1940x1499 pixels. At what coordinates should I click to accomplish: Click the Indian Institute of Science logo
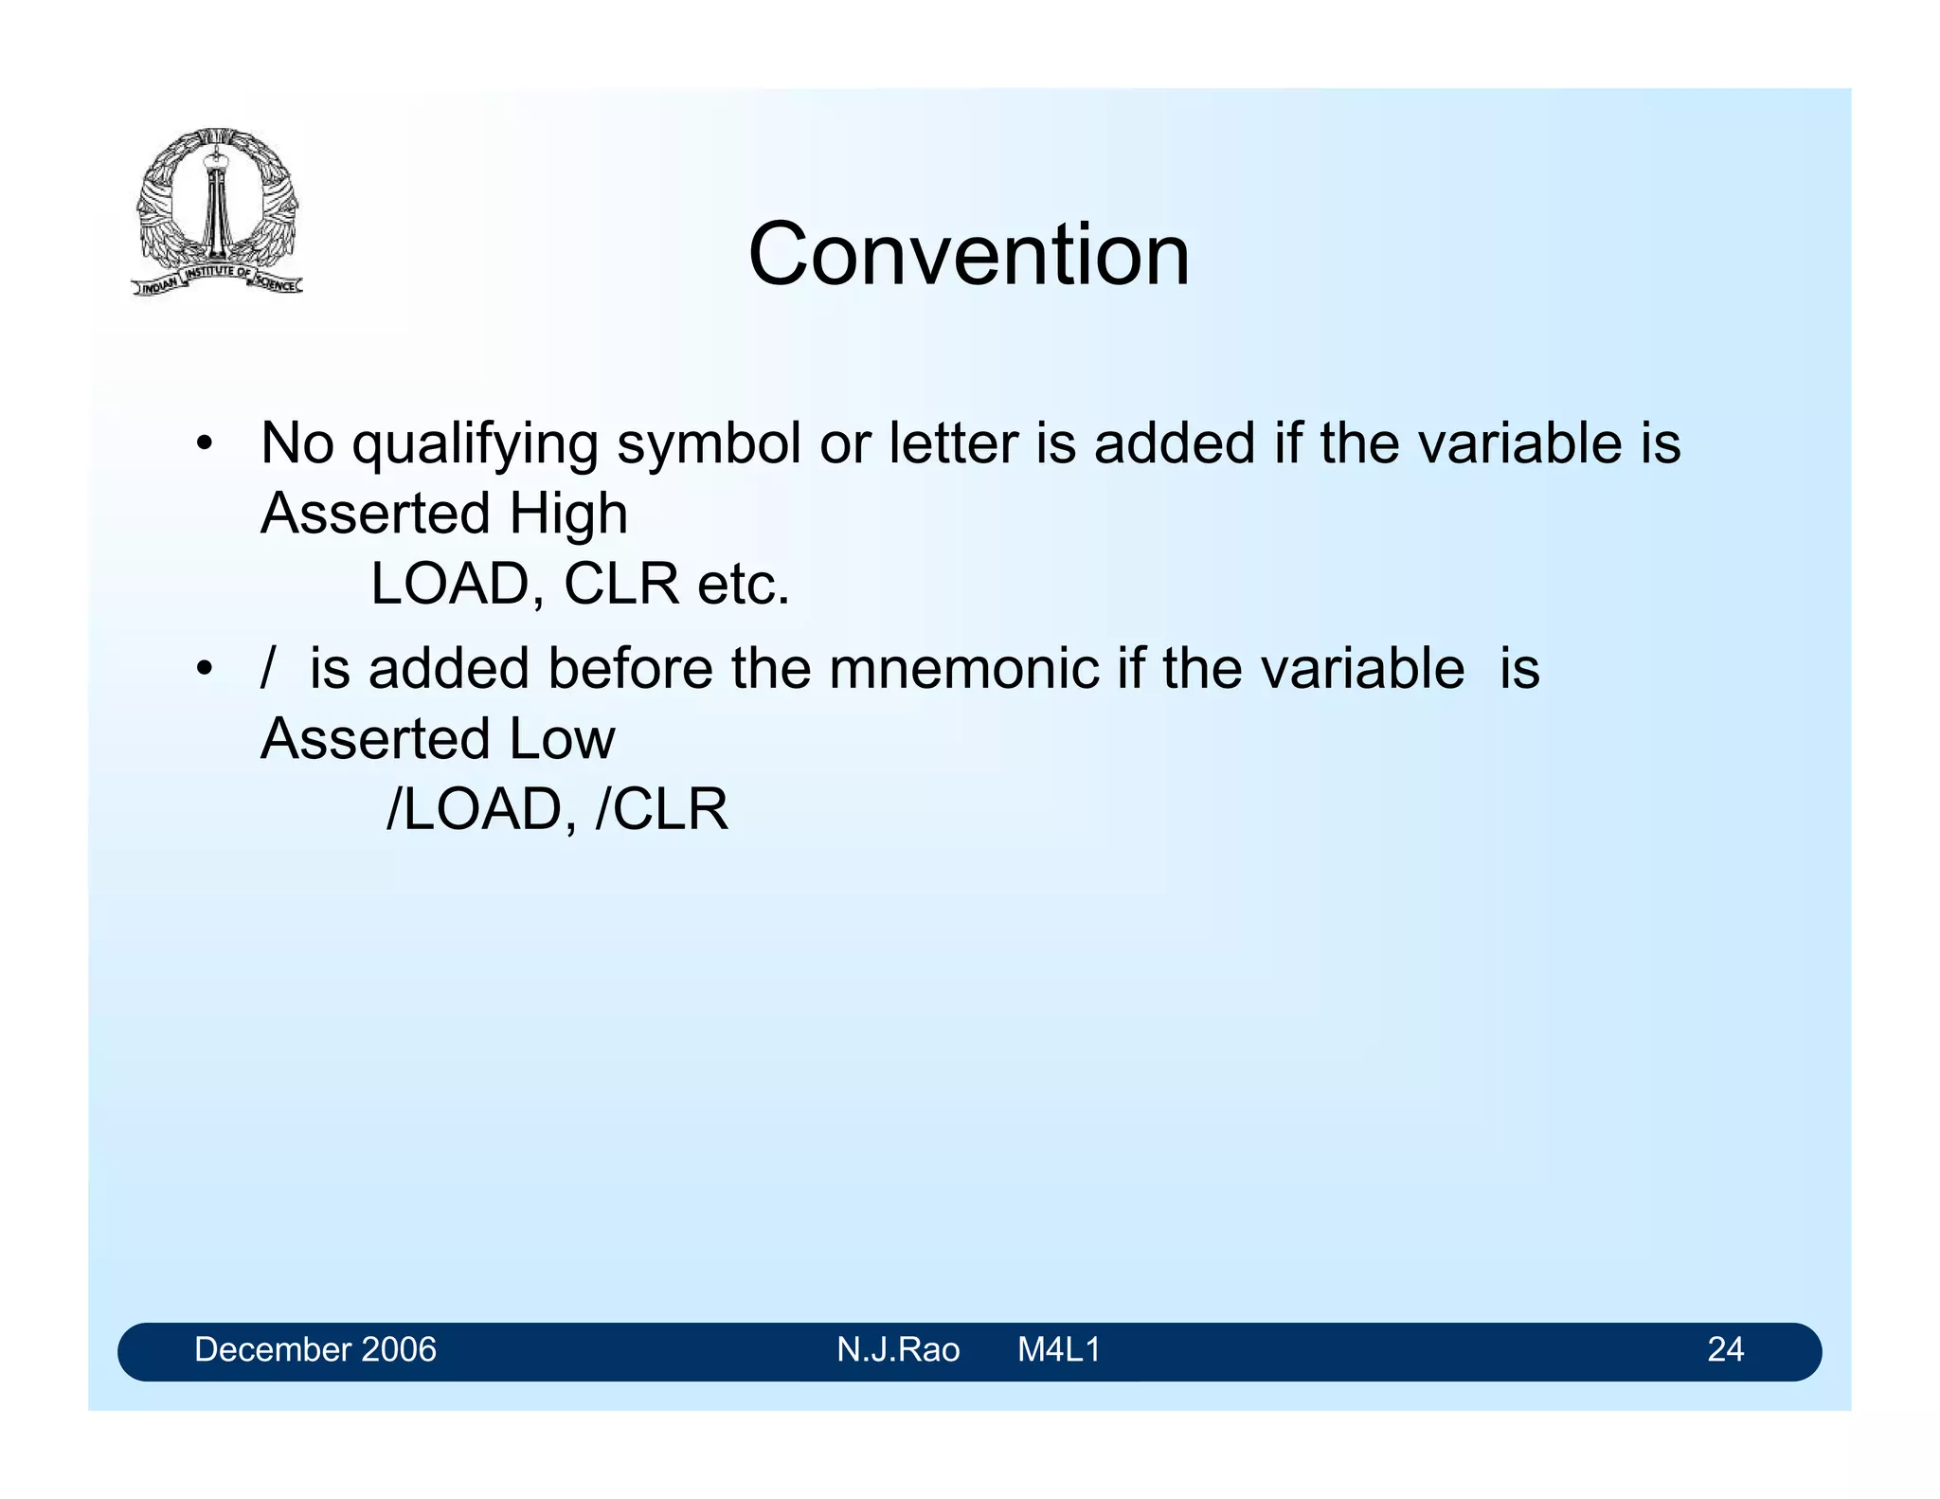[217, 211]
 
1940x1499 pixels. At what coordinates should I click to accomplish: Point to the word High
[567, 515]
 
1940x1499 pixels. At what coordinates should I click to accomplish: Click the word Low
[562, 739]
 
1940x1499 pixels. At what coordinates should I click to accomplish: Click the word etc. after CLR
[743, 585]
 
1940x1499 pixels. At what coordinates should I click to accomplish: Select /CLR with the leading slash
[661, 810]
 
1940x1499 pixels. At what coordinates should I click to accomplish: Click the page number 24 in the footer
[1725, 1349]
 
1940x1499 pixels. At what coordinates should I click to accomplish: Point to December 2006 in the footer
[314, 1349]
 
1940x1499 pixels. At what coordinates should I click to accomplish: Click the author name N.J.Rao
[897, 1349]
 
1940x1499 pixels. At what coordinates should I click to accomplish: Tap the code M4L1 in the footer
[1058, 1349]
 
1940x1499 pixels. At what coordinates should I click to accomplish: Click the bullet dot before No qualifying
[204, 444]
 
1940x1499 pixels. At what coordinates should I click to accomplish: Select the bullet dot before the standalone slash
[204, 670]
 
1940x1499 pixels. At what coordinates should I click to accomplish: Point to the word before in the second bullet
[630, 669]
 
